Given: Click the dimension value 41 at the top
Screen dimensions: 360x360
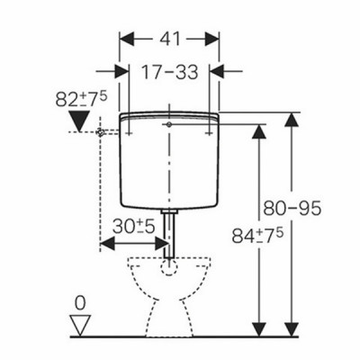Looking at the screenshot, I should tap(170, 40).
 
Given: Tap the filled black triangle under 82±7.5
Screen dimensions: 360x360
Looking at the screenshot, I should tap(82, 120).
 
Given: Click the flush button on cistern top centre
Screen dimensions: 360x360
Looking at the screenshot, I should tap(168, 119).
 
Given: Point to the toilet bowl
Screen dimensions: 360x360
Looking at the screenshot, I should tap(170, 286).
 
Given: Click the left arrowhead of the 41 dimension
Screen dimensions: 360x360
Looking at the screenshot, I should tap(126, 40).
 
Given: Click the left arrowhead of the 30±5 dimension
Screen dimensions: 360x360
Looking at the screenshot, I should tap(106, 244).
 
